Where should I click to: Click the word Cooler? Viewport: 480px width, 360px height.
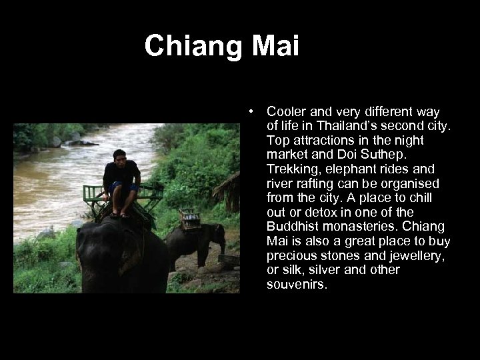286,111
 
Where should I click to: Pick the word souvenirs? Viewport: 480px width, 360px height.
297,285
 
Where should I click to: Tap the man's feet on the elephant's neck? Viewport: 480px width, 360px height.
121,214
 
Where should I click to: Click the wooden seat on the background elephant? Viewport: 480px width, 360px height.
191,217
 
